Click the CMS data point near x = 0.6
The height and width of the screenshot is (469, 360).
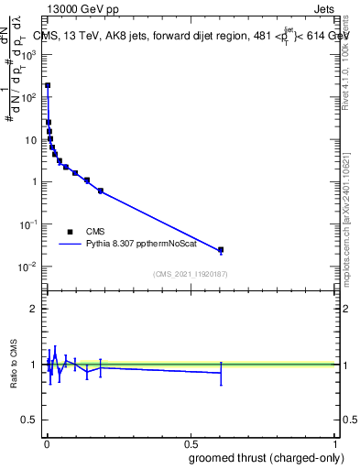(x=221, y=249)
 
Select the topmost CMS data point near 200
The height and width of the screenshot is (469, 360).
(x=48, y=85)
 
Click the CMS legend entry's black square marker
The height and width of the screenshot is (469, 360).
(x=70, y=232)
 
